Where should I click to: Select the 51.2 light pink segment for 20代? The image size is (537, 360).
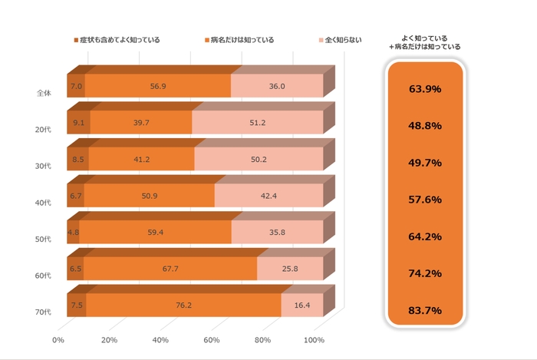pos(257,122)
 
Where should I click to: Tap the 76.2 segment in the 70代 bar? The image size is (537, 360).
pos(183,305)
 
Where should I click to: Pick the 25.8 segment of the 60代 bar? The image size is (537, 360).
pos(289,269)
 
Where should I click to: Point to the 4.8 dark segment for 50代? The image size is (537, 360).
pos(74,232)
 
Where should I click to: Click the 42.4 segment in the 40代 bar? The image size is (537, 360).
pos(268,196)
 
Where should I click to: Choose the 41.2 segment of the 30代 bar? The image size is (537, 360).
pos(141,159)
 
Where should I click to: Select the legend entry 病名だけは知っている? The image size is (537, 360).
pos(241,39)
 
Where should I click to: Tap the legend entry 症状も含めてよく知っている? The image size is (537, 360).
pos(116,39)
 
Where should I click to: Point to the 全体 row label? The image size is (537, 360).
pos(44,94)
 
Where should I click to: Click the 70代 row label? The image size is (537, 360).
pos(44,312)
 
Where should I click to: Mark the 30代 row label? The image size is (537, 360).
pos(44,166)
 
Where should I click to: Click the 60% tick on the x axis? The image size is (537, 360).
pos(212,340)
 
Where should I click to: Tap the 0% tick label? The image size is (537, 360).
pos(58,340)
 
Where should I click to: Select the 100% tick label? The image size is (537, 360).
pos(315,340)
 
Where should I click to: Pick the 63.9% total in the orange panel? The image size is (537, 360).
pos(425,89)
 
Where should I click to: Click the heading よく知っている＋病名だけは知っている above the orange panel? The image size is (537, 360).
pos(425,41)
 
